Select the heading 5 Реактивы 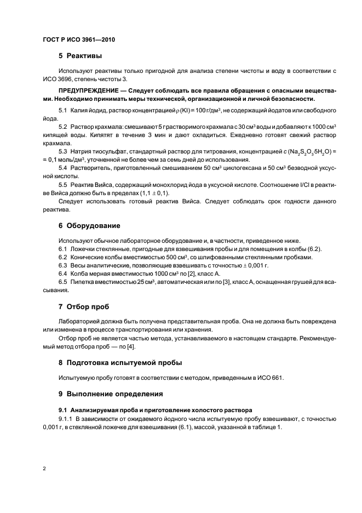pos(81,56)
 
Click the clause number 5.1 pos(63,111)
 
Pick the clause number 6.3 pos(63,265)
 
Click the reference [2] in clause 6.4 pos(196,273)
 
